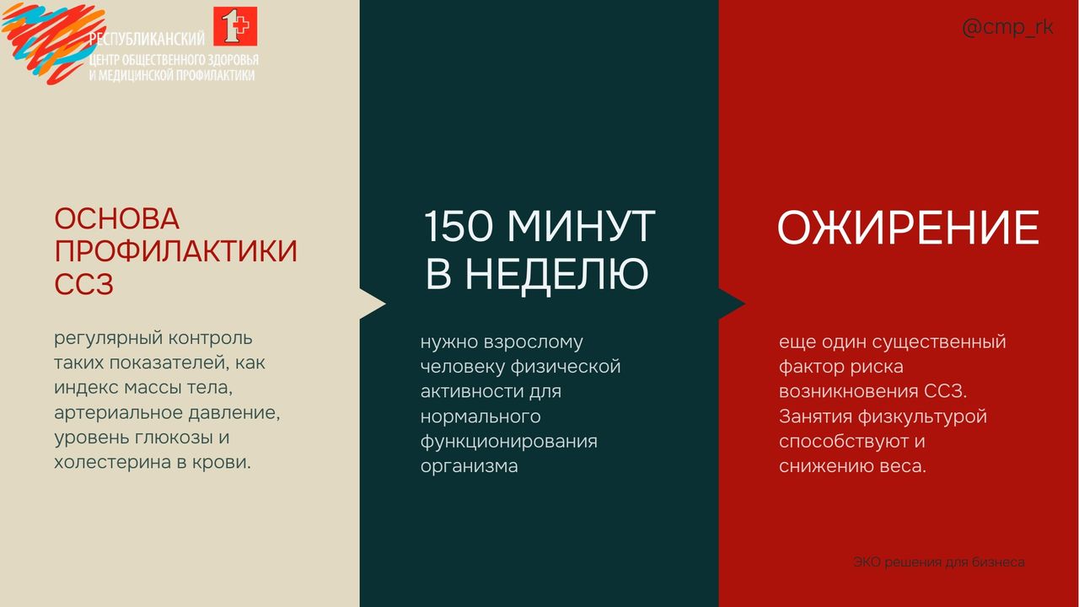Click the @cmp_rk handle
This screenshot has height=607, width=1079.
(x=1007, y=28)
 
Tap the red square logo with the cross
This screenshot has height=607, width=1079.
(x=235, y=26)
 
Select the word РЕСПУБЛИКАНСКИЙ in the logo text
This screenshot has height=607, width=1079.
(x=147, y=39)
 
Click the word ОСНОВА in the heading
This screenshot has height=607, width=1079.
(x=117, y=218)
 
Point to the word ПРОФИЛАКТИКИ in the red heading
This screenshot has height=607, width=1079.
(x=176, y=251)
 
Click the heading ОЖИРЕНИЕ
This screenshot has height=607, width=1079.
(x=908, y=228)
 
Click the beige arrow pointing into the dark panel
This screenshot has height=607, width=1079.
(x=373, y=304)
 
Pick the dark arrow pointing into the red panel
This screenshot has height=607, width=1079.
(x=732, y=304)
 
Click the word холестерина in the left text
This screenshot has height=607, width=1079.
(x=112, y=462)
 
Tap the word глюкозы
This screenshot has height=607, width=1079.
(x=174, y=438)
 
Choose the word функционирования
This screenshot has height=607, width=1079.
(x=508, y=442)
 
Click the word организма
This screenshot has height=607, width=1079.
(x=470, y=466)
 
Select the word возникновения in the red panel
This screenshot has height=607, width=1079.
(x=849, y=391)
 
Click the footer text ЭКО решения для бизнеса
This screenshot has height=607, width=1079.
(x=939, y=561)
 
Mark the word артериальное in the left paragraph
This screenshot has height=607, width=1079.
(x=118, y=413)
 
